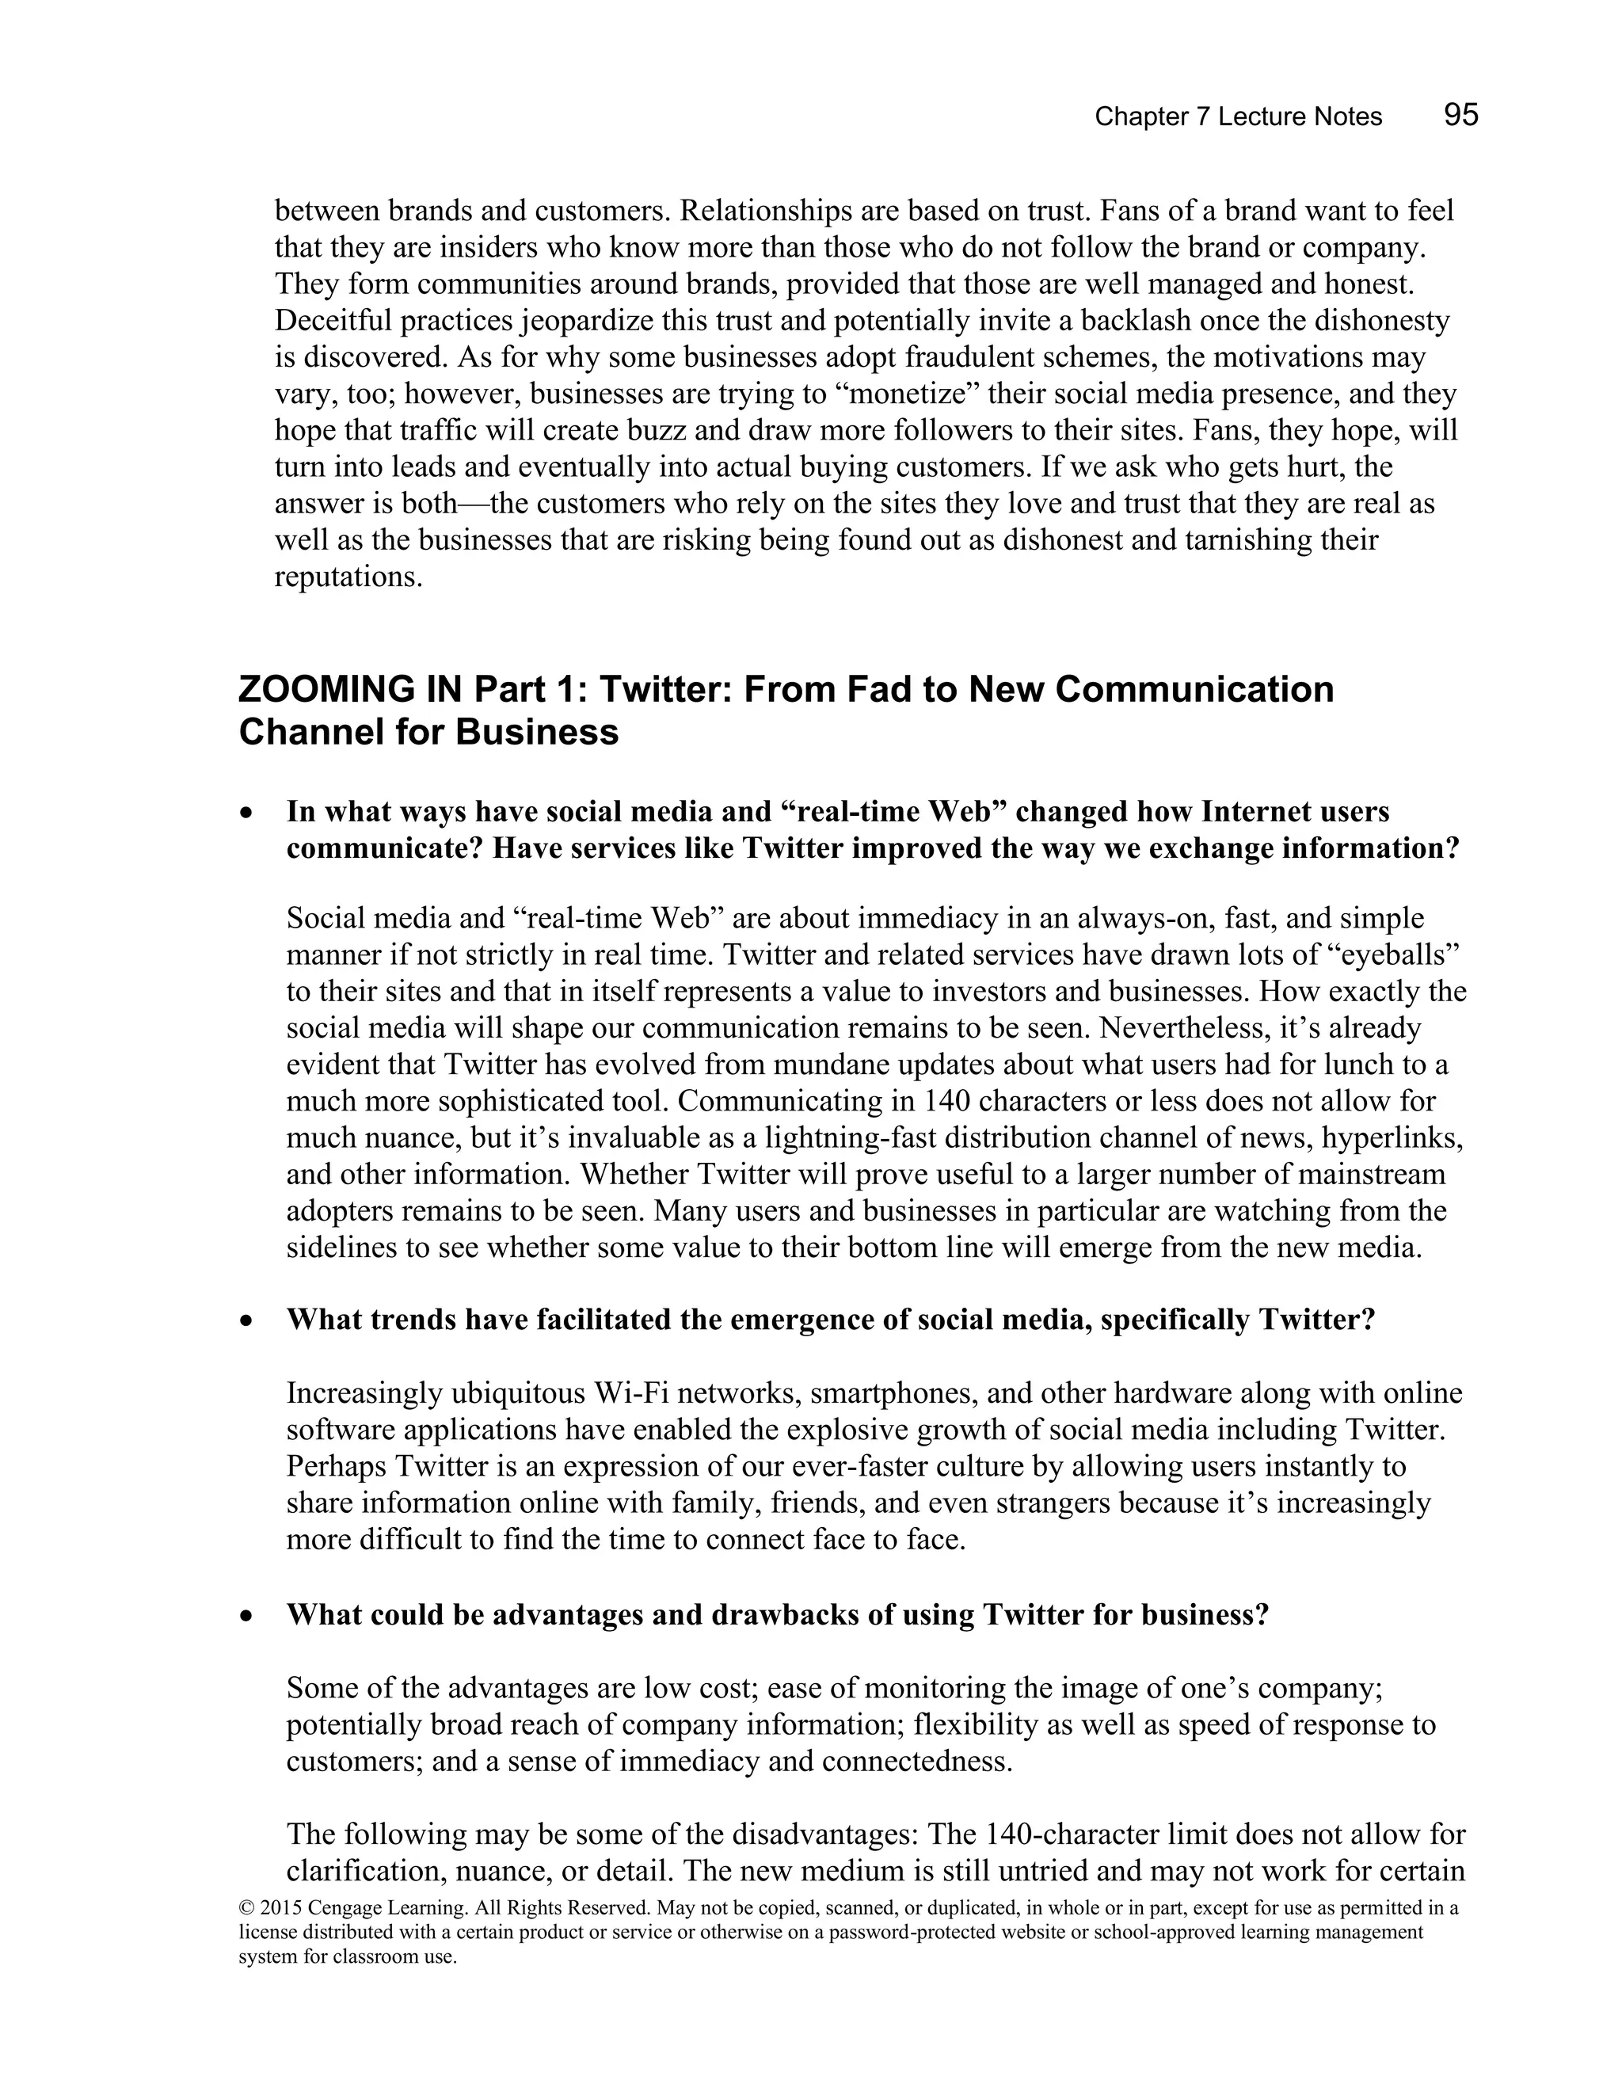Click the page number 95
[x=1460, y=116]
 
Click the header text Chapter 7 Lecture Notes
[x=1238, y=117]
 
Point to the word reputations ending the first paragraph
[x=347, y=577]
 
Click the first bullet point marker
[x=248, y=813]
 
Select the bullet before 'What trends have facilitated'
[x=248, y=1321]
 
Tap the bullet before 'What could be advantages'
[x=248, y=1617]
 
